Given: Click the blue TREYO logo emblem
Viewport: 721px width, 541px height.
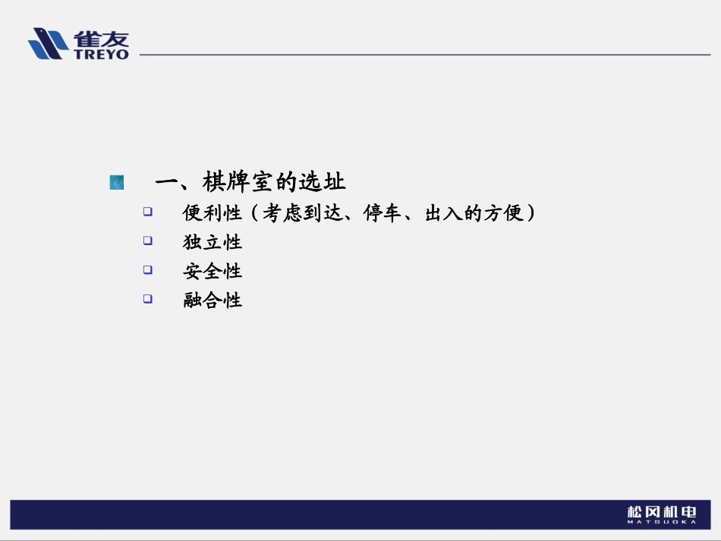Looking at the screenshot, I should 48,43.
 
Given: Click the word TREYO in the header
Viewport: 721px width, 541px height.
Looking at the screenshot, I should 102,55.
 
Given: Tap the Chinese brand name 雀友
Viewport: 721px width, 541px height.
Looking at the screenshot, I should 101,38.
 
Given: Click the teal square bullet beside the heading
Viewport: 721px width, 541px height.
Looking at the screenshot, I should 116,182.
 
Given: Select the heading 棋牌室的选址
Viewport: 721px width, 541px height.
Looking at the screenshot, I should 274,182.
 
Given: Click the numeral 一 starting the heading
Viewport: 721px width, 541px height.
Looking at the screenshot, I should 166,182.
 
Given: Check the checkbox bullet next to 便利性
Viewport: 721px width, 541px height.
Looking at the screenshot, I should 148,212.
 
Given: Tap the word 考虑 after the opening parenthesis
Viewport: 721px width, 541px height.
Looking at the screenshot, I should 282,213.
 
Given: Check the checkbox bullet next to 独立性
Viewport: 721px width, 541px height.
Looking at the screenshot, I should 148,241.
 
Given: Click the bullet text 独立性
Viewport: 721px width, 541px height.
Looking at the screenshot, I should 213,242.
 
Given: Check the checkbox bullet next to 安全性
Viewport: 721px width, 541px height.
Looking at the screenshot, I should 148,269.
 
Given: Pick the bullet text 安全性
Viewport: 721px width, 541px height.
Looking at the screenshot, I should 213,271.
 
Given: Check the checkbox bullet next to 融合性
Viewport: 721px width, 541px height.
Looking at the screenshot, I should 148,298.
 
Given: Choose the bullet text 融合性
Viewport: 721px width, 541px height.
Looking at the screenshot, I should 213,300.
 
